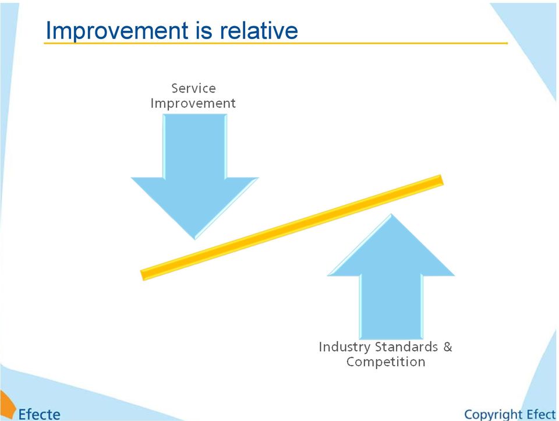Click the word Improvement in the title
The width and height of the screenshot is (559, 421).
117,31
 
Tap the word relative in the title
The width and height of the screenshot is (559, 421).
259,30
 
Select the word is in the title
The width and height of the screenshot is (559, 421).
204,30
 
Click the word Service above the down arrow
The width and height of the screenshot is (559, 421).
193,88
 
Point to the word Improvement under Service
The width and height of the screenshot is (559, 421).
193,103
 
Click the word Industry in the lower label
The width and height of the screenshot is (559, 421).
344,347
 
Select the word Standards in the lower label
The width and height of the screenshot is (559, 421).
406,346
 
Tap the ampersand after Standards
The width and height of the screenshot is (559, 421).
447,346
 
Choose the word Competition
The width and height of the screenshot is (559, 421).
385,362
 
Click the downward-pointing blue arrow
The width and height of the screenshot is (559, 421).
194,171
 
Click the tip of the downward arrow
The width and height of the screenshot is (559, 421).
194,239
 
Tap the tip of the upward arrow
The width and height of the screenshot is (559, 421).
391,214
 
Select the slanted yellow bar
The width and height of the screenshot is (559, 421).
292,228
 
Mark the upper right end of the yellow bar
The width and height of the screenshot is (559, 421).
442,180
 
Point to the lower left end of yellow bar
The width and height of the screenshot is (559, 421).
142,275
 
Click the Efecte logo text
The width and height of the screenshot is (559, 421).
39,414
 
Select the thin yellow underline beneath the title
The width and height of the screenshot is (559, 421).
275,43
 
